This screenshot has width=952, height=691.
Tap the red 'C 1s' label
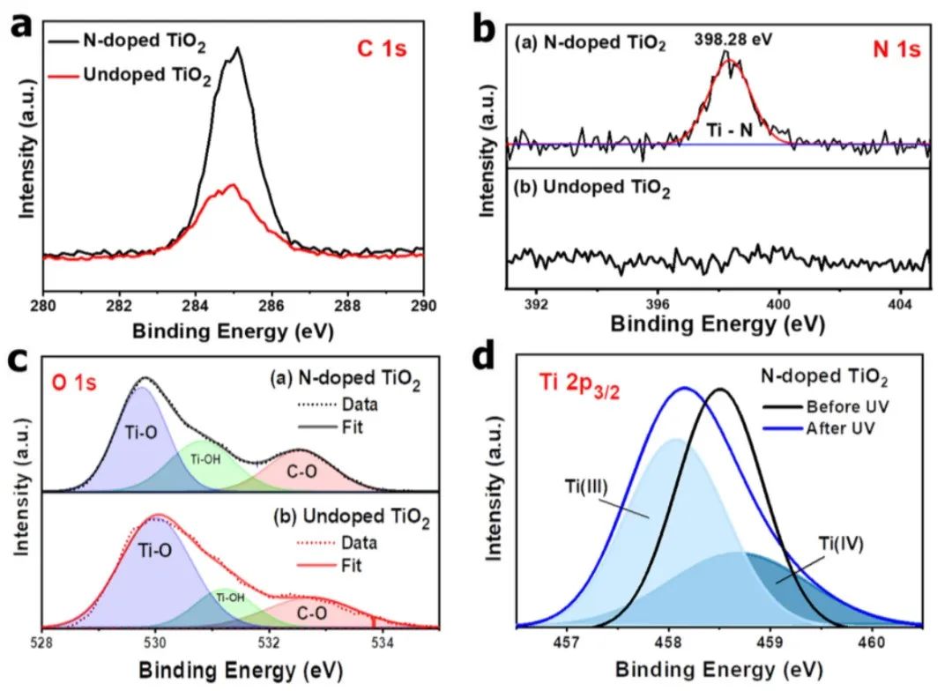pyautogui.click(x=384, y=50)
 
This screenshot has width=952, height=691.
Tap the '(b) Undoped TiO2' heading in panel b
pyautogui.click(x=592, y=189)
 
